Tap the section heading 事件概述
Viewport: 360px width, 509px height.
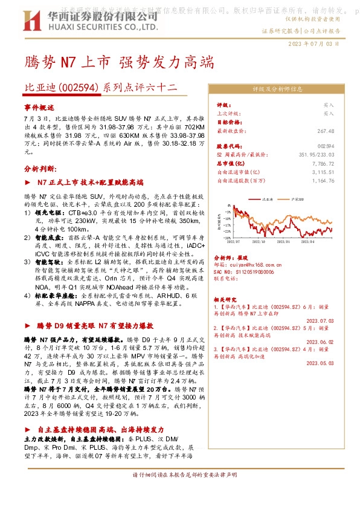tap(39, 106)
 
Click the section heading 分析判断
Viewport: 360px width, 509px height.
tap(39, 169)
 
